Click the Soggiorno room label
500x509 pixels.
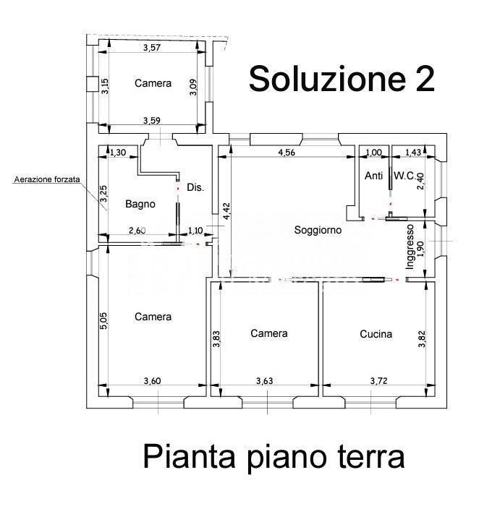click(317, 230)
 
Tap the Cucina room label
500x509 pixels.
click(376, 334)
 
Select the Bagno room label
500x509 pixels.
click(140, 204)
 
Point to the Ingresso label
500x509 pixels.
click(410, 247)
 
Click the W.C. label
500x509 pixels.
click(404, 175)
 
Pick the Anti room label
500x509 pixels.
click(373, 175)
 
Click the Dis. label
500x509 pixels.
click(195, 187)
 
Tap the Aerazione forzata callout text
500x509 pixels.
click(47, 179)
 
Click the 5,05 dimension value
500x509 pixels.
click(103, 321)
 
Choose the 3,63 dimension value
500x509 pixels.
click(264, 380)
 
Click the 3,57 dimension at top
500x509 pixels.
click(151, 48)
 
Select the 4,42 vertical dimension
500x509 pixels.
click(226, 211)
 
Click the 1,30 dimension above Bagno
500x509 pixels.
click(117, 153)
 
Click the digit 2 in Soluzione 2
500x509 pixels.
click(425, 80)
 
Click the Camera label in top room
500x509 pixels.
click(153, 83)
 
